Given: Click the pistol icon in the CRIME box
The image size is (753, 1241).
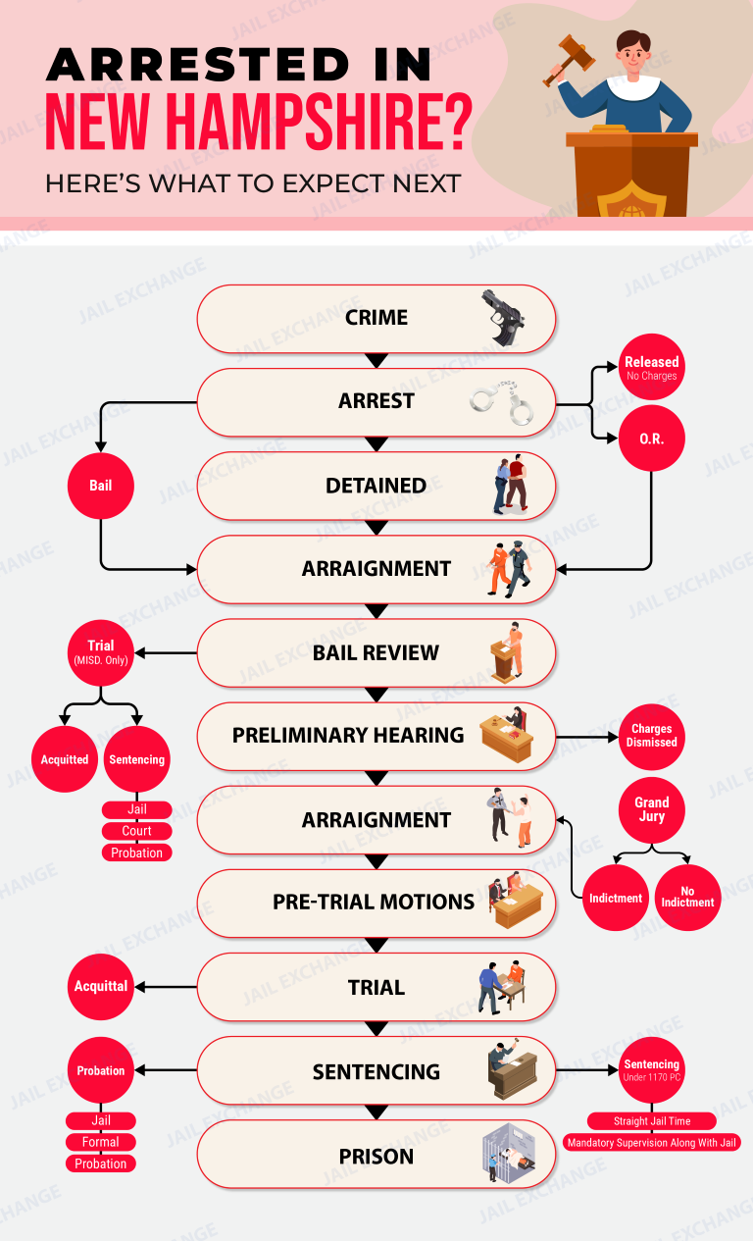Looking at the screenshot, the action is point(503,318).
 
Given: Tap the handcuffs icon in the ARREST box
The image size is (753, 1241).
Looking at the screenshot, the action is point(502,403).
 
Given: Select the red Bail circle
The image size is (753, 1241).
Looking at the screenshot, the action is point(101,486).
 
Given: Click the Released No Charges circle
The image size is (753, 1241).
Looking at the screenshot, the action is point(652,367).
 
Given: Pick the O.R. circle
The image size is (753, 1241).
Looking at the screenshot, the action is point(652,439).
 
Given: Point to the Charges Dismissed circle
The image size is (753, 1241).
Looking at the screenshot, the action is point(652,737).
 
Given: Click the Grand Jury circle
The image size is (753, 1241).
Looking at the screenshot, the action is point(652,810).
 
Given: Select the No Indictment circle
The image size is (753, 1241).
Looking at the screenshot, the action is point(687,898).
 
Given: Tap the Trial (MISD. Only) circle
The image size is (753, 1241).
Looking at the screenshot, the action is point(101,652).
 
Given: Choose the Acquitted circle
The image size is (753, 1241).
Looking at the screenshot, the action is point(65,759).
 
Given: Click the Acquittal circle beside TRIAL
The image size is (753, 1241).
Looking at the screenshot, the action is point(101,987).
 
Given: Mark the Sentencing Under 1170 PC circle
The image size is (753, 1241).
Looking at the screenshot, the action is point(652,1070).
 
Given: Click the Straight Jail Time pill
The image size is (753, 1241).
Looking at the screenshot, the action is point(652,1120).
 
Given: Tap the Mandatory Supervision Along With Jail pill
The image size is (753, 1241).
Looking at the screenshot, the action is point(652,1142).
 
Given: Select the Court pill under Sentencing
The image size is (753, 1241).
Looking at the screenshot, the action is point(136,831).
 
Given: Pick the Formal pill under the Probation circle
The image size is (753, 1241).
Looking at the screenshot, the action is point(101,1142).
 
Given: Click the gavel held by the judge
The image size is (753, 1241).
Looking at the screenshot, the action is point(569,58).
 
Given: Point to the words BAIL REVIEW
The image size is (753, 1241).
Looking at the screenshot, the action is point(376,652).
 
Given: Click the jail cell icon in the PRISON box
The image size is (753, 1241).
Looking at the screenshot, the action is point(509,1153).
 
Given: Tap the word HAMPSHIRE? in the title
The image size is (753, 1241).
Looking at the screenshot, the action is point(320,122).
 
